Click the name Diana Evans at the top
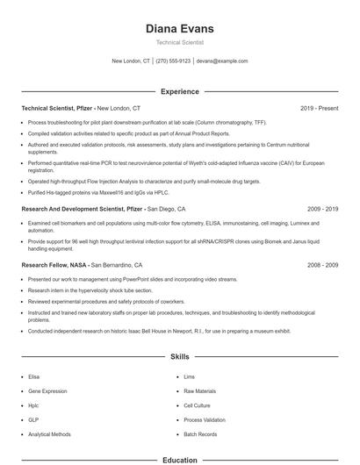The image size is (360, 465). (x=179, y=29)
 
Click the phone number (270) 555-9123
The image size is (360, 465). (x=174, y=61)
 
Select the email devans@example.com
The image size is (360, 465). (x=222, y=61)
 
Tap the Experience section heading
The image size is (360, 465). (x=179, y=91)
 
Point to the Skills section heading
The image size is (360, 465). (x=179, y=358)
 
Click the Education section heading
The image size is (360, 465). (x=179, y=460)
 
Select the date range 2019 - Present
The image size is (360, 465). (x=319, y=108)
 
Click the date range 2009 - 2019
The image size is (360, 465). (x=322, y=210)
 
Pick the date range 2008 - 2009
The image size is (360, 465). (x=322, y=264)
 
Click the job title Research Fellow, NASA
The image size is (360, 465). (x=54, y=264)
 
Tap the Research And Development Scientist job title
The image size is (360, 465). (x=81, y=210)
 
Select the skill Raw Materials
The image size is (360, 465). (x=199, y=390)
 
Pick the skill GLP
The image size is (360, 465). (x=33, y=419)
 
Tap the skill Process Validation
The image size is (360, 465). (x=205, y=419)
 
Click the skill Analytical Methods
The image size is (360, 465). (x=49, y=434)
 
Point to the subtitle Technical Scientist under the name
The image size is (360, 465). (x=179, y=42)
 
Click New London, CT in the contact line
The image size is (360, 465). (x=131, y=61)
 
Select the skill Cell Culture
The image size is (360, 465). (x=197, y=405)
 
